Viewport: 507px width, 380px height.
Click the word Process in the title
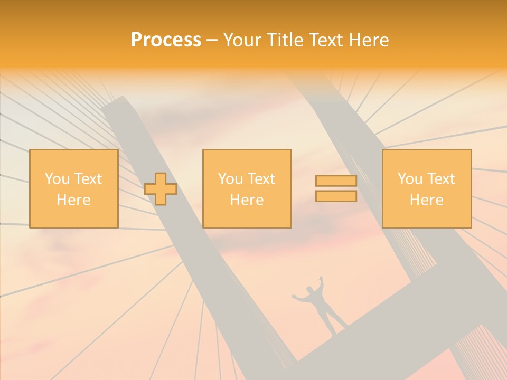166,40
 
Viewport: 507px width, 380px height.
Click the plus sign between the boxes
161,189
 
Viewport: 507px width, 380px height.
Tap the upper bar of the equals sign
336,180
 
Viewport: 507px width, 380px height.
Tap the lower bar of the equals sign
336,196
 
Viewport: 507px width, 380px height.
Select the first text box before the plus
73,188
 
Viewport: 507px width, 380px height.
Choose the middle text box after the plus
247,188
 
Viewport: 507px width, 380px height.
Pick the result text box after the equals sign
426,188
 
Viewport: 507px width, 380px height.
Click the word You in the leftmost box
57,179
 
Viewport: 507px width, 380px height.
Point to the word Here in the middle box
247,200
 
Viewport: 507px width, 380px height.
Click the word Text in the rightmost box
442,179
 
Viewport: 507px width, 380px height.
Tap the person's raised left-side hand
295,297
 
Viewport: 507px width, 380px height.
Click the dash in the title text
212,40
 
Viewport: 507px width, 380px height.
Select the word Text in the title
324,40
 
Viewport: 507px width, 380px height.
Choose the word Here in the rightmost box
426,200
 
